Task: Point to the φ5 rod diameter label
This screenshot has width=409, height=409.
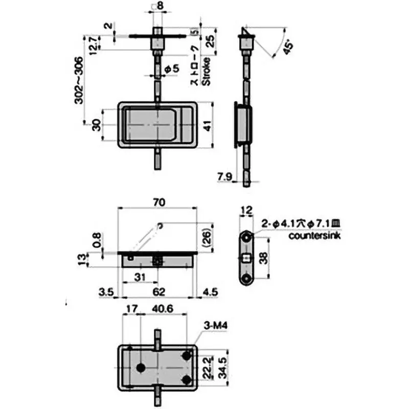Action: (171, 69)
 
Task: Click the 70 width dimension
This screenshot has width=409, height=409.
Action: (158, 202)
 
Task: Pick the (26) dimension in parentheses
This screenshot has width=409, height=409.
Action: (206, 237)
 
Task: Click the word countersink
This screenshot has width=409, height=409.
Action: (314, 236)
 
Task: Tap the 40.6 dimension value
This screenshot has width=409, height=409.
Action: (163, 308)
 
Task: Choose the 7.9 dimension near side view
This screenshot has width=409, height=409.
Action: (225, 177)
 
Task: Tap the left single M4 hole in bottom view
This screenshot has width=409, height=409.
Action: (141, 368)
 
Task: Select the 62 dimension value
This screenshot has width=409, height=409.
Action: (158, 292)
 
